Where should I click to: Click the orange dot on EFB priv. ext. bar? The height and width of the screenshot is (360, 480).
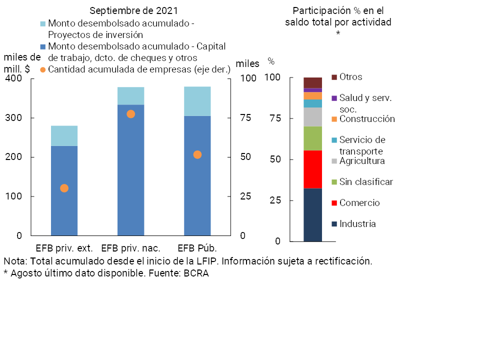pos(64,188)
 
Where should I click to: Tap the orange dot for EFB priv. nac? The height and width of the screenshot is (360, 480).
pos(130,114)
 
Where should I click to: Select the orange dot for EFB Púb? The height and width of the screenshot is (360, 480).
pos(197,154)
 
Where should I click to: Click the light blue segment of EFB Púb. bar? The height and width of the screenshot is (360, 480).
pos(197,101)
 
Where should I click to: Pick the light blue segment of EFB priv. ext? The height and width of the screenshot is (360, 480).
pos(64,135)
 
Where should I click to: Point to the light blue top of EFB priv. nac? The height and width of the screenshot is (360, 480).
pos(130,95)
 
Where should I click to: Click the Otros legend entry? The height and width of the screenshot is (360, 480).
pos(350,77)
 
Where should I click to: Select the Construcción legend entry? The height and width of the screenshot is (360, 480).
pos(367,119)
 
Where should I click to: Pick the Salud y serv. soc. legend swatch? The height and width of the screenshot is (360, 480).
pos(334,98)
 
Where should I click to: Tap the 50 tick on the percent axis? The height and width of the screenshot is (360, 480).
pos(273,159)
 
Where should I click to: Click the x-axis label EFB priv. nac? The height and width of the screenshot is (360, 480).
pos(130,248)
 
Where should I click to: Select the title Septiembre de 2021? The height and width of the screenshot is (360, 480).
pos(133,10)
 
